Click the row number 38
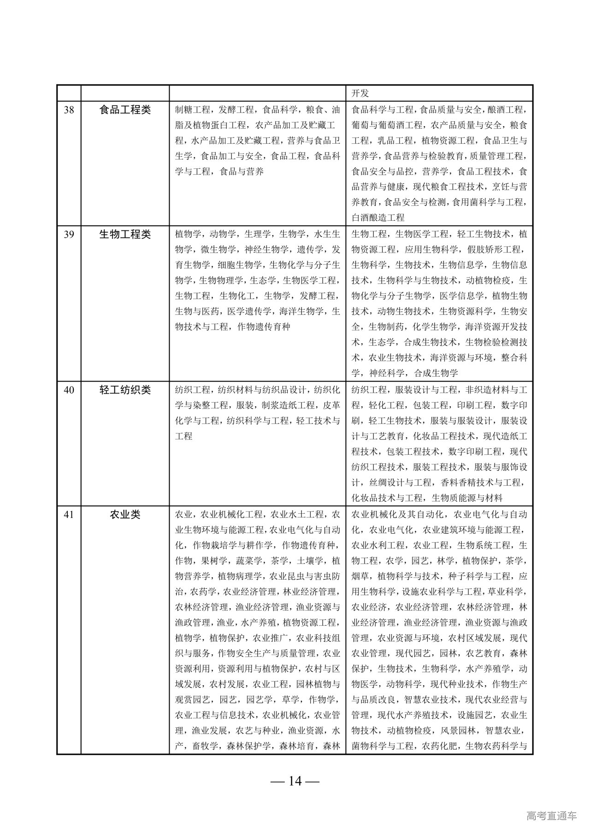[x=69, y=110]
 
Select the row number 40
[x=69, y=390]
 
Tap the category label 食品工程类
[x=125, y=110]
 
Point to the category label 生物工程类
[x=125, y=234]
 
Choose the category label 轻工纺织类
[x=125, y=390]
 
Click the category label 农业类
[x=125, y=514]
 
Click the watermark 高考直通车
[x=551, y=816]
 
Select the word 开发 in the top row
[x=360, y=94]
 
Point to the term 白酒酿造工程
[x=378, y=217]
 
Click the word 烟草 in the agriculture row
[x=360, y=576]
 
